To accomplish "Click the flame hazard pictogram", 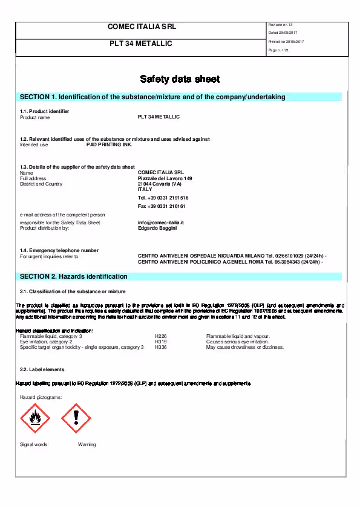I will point(35,418).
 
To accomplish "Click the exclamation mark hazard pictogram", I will point(76,418).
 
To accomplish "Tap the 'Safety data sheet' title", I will point(180,79).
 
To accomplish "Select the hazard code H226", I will point(161,336).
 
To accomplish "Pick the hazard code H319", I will point(161,342).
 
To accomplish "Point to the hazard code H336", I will point(161,347).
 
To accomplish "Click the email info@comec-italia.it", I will point(160,222).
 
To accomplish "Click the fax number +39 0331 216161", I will point(162,206).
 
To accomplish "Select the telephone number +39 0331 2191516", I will point(163,198).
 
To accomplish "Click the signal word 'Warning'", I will point(87,444).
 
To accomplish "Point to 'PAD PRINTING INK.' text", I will point(109,144).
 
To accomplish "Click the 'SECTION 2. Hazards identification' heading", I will point(74,276).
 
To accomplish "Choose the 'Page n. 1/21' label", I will point(278,50).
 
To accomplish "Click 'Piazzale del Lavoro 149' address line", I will point(165,178).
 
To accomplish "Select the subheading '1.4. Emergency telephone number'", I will point(59,250).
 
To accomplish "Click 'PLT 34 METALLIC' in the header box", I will point(140,44).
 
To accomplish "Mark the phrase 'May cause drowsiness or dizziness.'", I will point(244,347).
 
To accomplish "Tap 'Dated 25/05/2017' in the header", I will point(283,33).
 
